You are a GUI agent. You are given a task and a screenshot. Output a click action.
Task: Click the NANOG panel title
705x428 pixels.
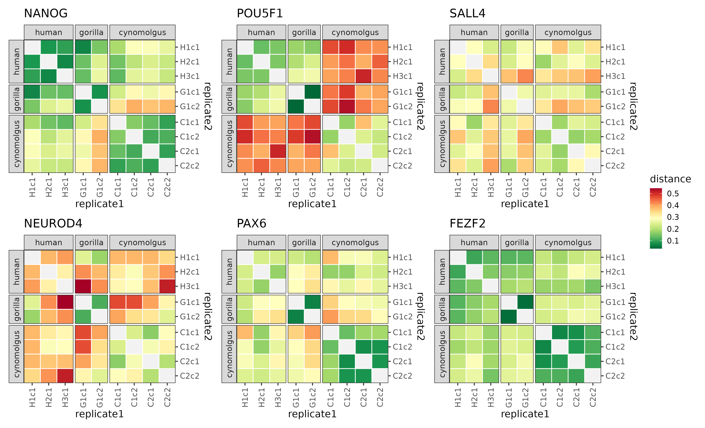pos(46,13)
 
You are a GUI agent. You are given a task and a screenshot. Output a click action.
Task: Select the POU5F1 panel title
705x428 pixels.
pos(260,13)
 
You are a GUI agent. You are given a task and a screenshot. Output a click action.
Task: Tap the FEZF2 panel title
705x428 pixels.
pos(467,223)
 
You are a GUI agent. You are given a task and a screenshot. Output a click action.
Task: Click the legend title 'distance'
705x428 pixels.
pos(670,179)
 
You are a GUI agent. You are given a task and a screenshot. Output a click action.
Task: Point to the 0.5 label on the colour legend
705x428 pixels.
pos(673,194)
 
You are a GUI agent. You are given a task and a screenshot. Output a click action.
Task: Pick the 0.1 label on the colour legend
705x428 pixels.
pos(673,241)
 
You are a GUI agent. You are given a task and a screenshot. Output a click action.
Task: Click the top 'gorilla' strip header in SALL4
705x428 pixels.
pos(517,32)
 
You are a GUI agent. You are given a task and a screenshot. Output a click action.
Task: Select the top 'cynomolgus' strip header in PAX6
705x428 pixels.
pos(355,243)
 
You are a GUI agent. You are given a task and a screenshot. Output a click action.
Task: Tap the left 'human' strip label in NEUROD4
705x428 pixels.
pos(16,272)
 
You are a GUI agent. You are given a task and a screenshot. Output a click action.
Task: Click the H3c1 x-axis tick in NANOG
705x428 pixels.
pos(65,187)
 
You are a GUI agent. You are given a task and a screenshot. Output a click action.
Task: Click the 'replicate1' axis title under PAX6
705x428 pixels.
pos(312,414)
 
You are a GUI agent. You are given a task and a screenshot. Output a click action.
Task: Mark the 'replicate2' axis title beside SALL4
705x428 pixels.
pos(633,106)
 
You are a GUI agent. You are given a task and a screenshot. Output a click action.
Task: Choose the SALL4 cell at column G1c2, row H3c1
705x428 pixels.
pos(525,76)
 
